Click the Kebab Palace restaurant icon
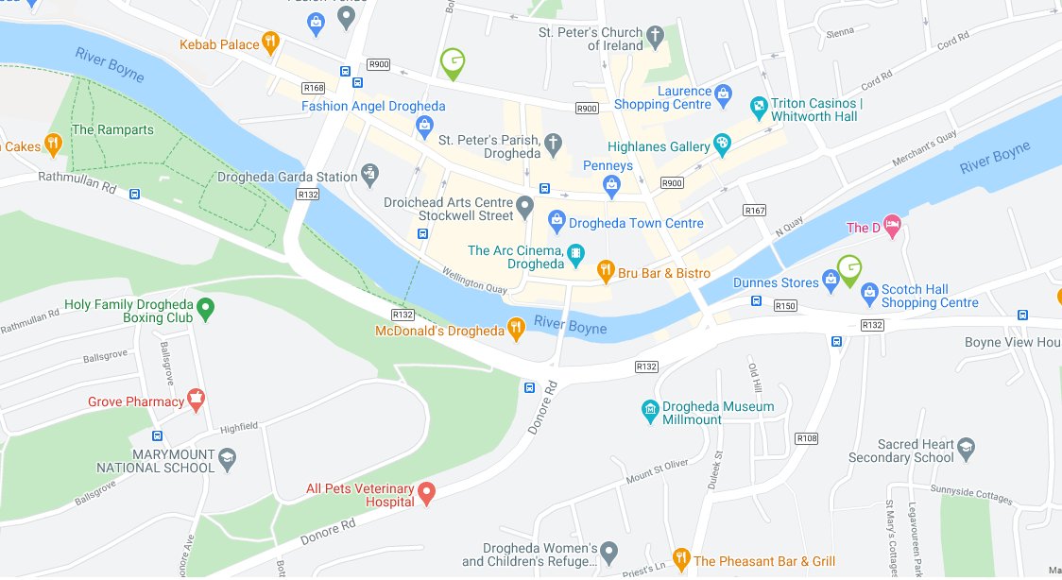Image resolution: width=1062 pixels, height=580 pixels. click(x=270, y=42)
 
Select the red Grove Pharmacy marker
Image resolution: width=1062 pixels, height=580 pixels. click(x=197, y=401)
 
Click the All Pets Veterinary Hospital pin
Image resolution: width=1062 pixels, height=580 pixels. click(x=426, y=491)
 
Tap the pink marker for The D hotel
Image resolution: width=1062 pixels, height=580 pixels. click(x=891, y=227)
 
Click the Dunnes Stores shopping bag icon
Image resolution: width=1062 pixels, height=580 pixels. click(x=831, y=279)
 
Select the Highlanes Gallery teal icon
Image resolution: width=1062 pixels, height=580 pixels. click(x=722, y=145)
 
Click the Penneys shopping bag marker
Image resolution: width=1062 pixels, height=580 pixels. click(x=612, y=183)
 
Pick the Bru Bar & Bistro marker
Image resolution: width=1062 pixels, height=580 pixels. click(x=608, y=273)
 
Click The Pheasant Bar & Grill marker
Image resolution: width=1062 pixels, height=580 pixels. click(x=680, y=559)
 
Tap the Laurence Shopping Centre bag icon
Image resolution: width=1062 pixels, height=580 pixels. click(x=723, y=94)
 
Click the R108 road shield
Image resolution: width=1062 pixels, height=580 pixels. click(x=806, y=438)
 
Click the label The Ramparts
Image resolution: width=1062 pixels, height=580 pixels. click(x=111, y=129)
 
